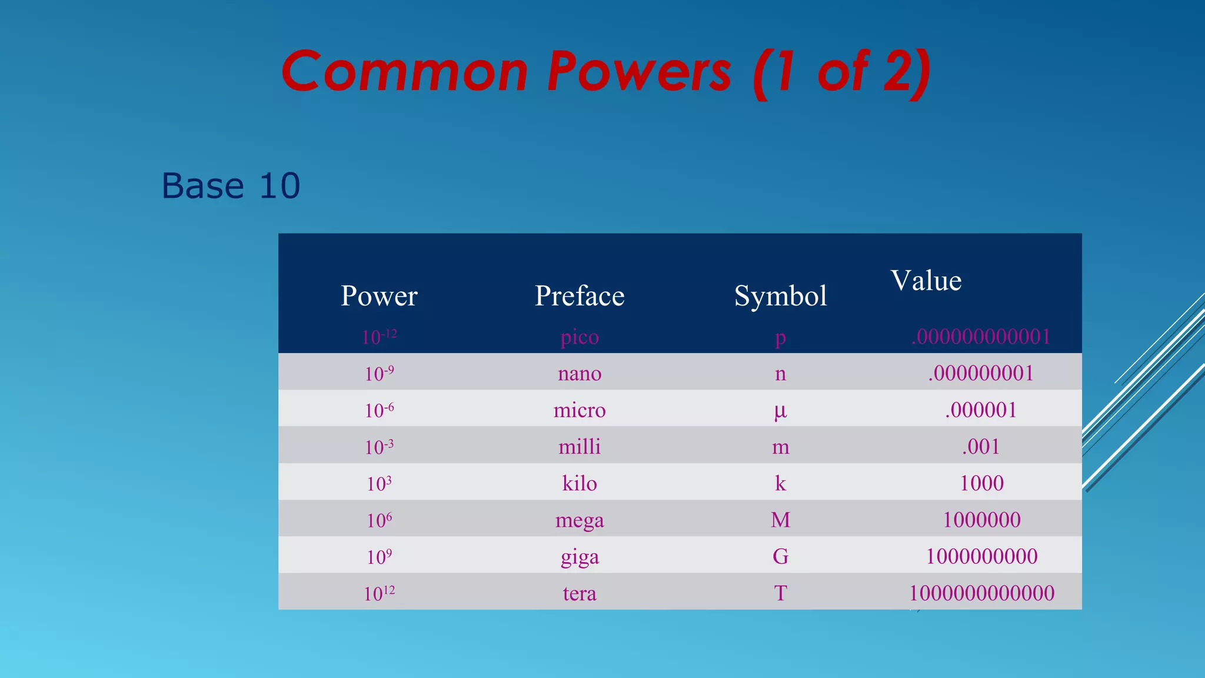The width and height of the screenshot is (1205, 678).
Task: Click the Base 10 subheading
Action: pyautogui.click(x=231, y=186)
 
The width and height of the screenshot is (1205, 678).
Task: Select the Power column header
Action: pyautogui.click(x=379, y=295)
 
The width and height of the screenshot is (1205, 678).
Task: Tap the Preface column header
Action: pyautogui.click(x=580, y=295)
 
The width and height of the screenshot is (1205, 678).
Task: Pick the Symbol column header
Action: pyautogui.click(x=780, y=296)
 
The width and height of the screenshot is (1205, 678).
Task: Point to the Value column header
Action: pyautogui.click(x=926, y=281)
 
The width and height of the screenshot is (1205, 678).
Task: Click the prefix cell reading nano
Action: pyautogui.click(x=580, y=373)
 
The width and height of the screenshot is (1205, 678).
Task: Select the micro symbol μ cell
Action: pyautogui.click(x=780, y=410)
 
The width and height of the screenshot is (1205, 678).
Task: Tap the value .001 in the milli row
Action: pyautogui.click(x=981, y=447)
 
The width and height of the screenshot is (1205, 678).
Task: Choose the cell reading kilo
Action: pyautogui.click(x=580, y=483)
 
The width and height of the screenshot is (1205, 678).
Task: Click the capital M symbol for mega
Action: pyautogui.click(x=780, y=520)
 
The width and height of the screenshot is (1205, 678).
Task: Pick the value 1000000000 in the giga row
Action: pyautogui.click(x=981, y=556)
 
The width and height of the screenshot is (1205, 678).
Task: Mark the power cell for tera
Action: pyautogui.click(x=379, y=593)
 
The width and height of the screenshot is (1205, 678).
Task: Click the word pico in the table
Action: pyautogui.click(x=580, y=337)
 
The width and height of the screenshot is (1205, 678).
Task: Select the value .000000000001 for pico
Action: pyautogui.click(x=981, y=337)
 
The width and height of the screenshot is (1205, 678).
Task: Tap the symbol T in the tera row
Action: pyautogui.click(x=780, y=593)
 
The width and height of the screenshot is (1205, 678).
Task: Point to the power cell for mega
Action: pyautogui.click(x=379, y=520)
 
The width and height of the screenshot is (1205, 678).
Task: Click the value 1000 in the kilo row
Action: pyautogui.click(x=981, y=483)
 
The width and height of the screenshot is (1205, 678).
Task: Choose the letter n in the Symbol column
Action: pyautogui.click(x=780, y=374)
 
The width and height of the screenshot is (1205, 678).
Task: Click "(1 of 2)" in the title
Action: pyautogui.click(x=842, y=72)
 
